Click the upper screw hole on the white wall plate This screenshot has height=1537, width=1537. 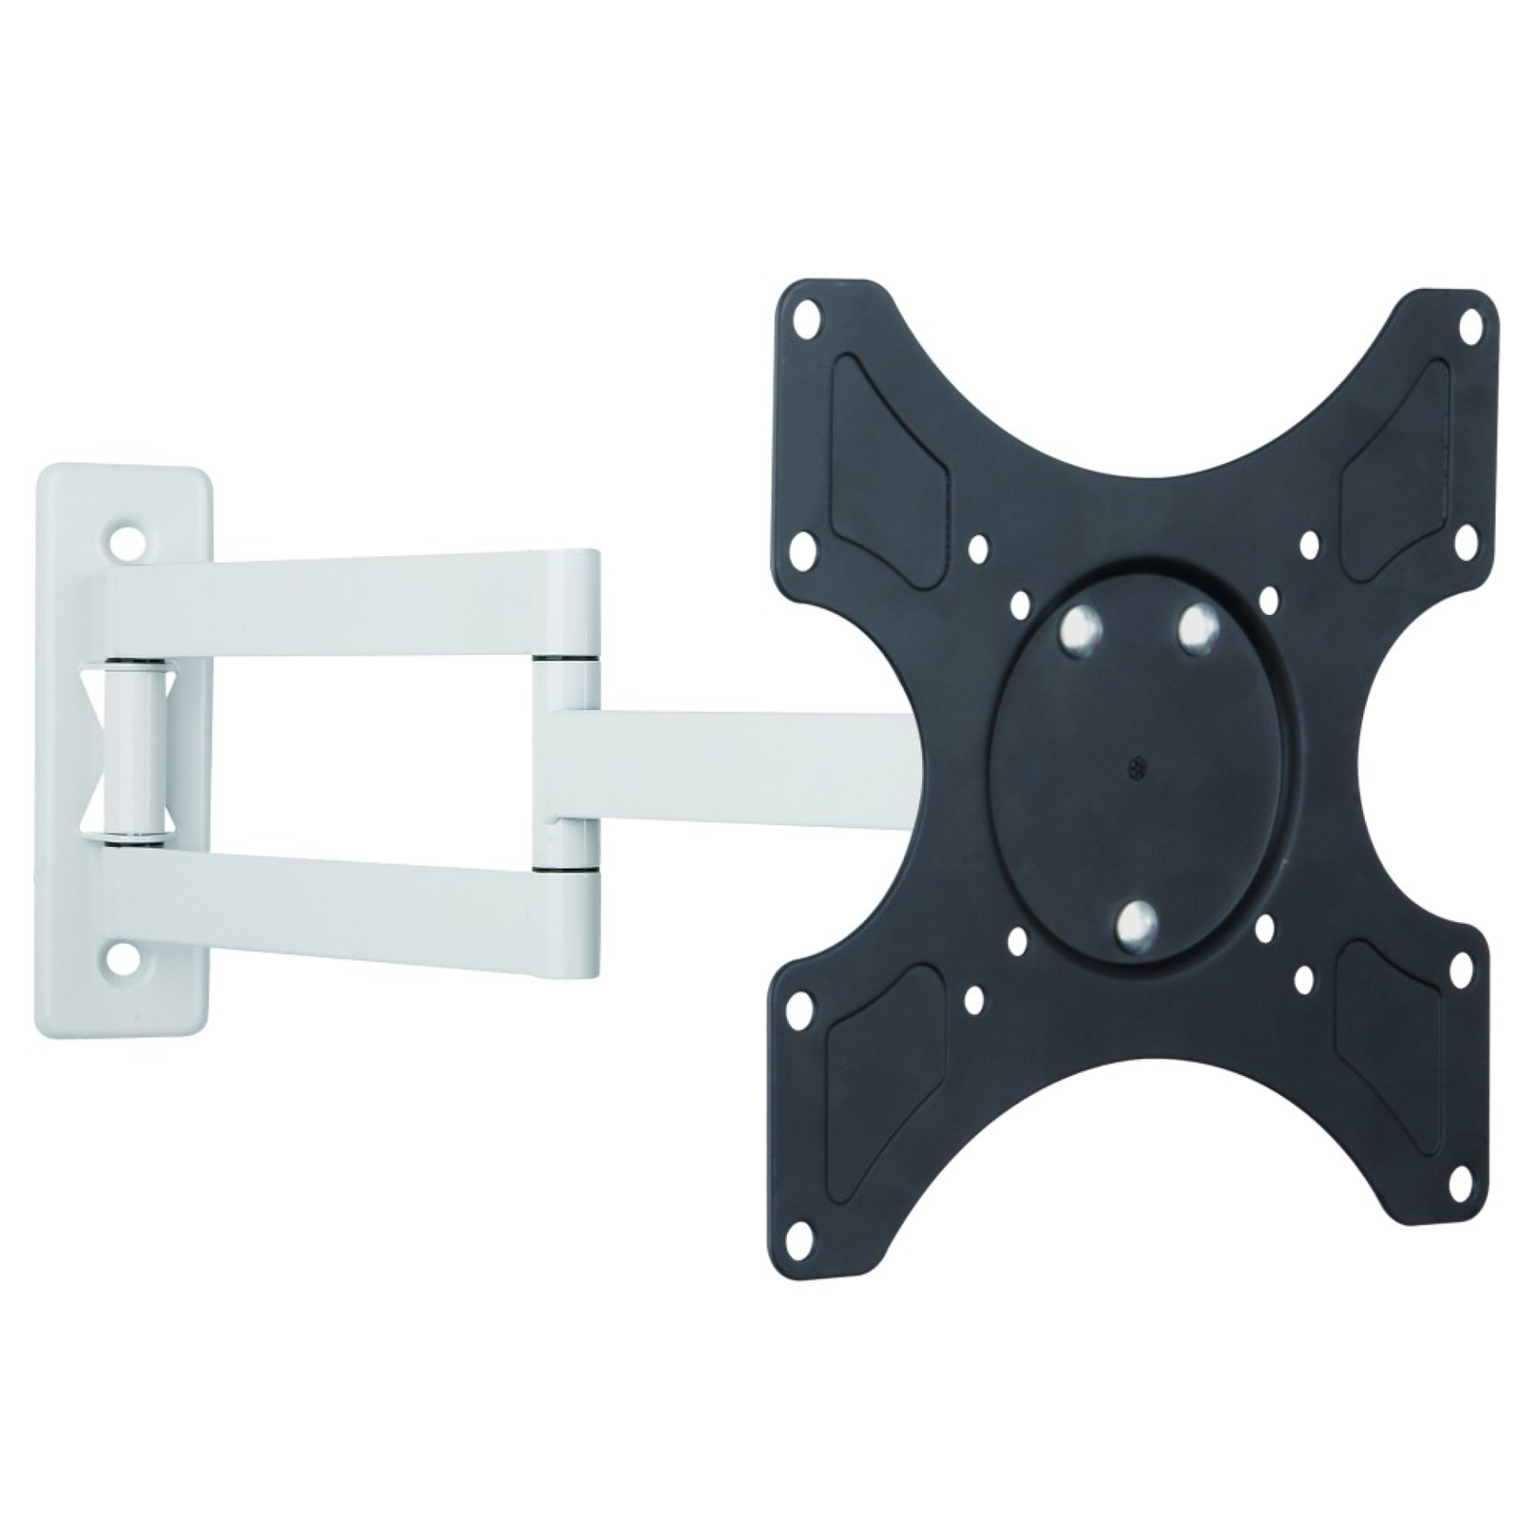click(x=125, y=542)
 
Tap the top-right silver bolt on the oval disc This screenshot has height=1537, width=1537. click(x=1194, y=625)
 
